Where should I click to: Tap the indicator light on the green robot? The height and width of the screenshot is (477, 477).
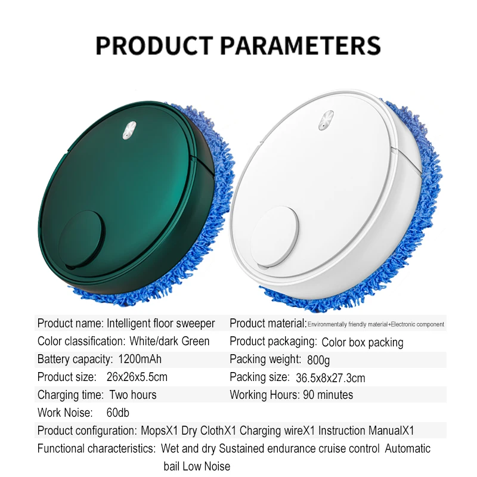[129, 131]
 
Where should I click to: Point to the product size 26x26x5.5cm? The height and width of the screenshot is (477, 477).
[137, 377]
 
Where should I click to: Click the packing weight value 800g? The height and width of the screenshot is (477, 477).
[319, 360]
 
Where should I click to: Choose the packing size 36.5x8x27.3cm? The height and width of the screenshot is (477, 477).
[331, 378]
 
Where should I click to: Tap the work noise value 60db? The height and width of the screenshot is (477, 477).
[118, 413]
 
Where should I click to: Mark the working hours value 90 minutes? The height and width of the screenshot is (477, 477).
[327, 395]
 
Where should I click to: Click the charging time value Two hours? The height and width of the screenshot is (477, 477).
[132, 395]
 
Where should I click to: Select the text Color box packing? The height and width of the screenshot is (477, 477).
[363, 342]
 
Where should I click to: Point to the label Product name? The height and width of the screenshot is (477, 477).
[70, 324]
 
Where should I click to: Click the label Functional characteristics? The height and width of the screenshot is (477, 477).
[95, 448]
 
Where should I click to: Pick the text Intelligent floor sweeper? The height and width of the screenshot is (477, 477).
[160, 324]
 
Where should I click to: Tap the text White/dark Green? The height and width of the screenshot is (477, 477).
[170, 342]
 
